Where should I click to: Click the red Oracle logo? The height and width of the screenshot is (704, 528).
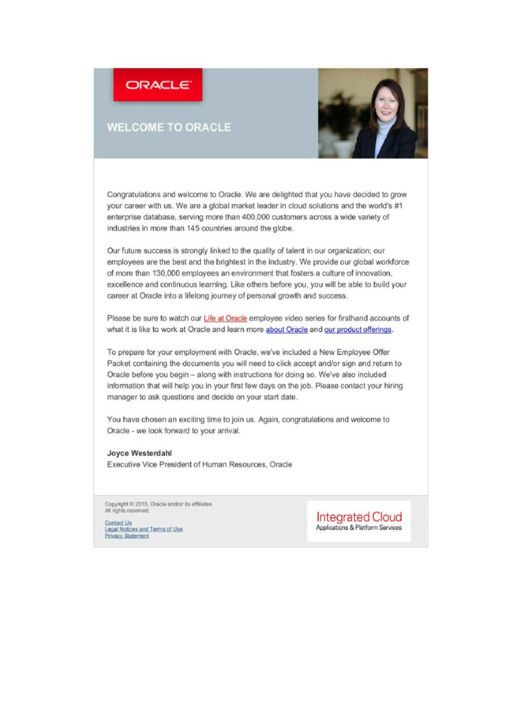click(x=158, y=85)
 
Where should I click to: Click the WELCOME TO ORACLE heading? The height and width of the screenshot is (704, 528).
click(x=168, y=128)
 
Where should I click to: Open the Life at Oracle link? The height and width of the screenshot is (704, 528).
click(x=225, y=318)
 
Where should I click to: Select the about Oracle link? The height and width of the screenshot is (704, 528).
click(x=287, y=330)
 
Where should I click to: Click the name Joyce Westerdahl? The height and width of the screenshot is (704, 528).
click(x=140, y=453)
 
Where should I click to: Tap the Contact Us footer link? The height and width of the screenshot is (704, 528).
click(x=118, y=522)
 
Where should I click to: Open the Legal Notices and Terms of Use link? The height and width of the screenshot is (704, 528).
click(x=144, y=529)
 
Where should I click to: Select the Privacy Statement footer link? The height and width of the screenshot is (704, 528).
click(x=126, y=536)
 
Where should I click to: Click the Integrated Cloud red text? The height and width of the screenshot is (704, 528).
click(x=359, y=516)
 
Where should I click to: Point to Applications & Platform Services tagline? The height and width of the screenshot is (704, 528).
click(x=359, y=528)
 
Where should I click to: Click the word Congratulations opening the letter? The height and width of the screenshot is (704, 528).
click(x=134, y=195)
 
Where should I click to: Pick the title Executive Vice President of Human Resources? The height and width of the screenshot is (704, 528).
click(x=199, y=465)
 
